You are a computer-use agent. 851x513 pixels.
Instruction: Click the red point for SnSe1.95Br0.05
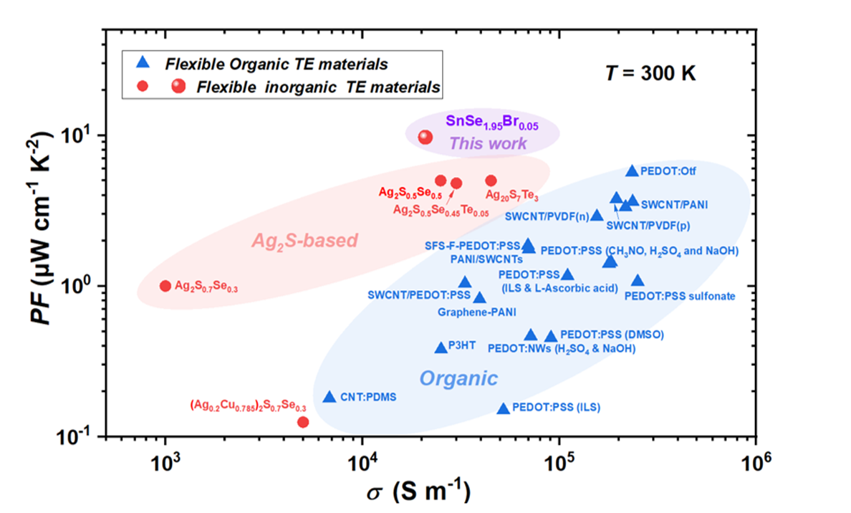coord(425,137)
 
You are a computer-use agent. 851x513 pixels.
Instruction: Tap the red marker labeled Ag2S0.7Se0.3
coord(165,286)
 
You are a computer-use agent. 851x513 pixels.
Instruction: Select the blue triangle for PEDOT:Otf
coord(632,171)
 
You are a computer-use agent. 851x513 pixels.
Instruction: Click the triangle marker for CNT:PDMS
coord(330,397)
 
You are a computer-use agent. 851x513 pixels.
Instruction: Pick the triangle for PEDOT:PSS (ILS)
coord(504,408)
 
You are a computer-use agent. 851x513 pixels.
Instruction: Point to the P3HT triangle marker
coord(441,347)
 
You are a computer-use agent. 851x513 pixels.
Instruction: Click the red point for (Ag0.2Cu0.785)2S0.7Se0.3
coord(303,422)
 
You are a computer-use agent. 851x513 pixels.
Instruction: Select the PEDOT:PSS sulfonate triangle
coord(638,280)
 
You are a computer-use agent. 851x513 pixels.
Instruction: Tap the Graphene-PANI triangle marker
coord(480,297)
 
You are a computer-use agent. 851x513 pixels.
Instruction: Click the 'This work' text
coord(488,143)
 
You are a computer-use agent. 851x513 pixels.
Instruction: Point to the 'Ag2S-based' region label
coord(304,241)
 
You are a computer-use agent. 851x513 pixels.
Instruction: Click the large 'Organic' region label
coord(458,378)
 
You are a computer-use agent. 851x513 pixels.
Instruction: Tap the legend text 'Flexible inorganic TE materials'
coord(299,87)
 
